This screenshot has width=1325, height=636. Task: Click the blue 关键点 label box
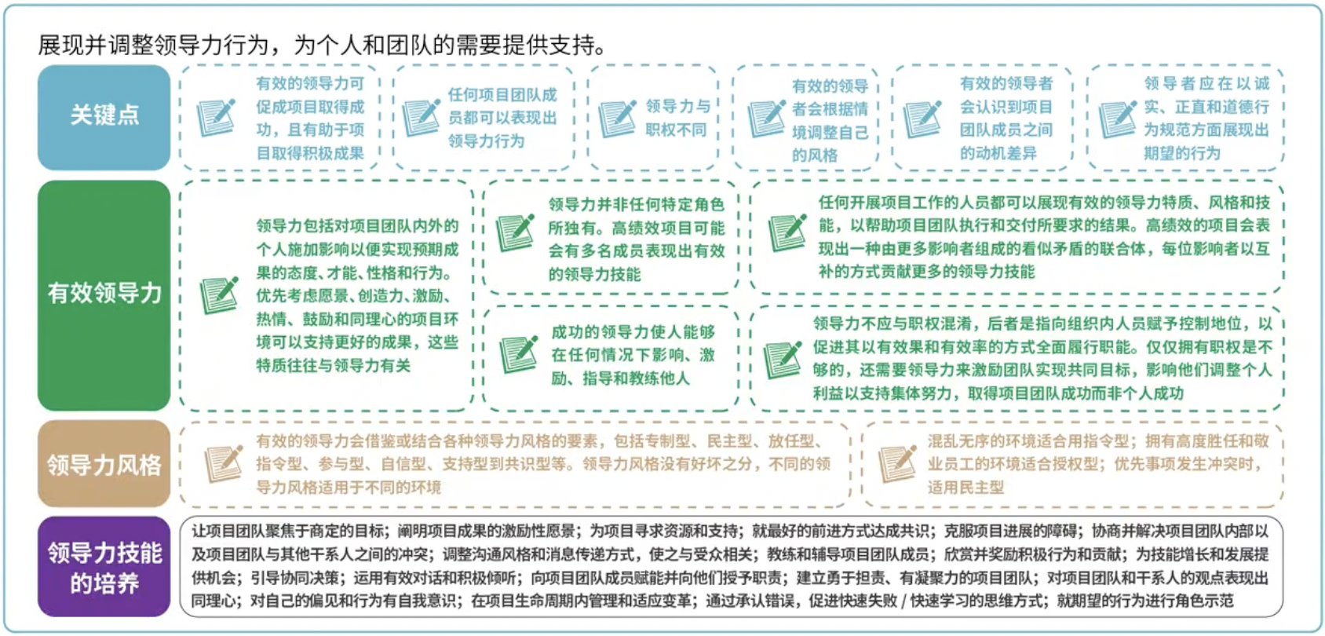click(104, 117)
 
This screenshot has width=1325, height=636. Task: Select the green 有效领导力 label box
click(104, 295)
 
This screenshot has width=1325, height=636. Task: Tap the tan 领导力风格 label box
click(104, 464)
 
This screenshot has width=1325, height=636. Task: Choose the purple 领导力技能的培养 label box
click(104, 567)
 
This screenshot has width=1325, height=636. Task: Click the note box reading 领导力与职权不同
click(653, 118)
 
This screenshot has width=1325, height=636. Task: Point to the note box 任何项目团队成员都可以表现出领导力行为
click(484, 118)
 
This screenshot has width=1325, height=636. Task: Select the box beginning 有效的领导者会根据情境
click(805, 119)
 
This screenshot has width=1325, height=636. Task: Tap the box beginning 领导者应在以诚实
click(1185, 118)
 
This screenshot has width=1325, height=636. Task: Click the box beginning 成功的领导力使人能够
click(611, 356)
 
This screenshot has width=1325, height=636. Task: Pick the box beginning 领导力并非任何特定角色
click(611, 238)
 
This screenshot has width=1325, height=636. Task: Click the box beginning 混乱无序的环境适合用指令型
click(1073, 464)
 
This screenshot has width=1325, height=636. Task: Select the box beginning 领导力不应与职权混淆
click(1017, 358)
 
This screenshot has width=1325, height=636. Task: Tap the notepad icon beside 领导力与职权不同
click(617, 118)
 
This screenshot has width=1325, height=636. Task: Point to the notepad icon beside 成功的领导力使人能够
click(519, 354)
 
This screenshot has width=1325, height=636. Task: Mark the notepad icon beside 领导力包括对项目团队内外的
click(219, 295)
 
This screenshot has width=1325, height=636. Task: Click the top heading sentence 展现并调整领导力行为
click(322, 45)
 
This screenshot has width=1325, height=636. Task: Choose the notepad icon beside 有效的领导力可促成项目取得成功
click(216, 118)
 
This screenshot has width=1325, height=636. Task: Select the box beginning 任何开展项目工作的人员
click(1017, 237)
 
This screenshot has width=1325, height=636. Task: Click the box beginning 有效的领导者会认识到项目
click(982, 118)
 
